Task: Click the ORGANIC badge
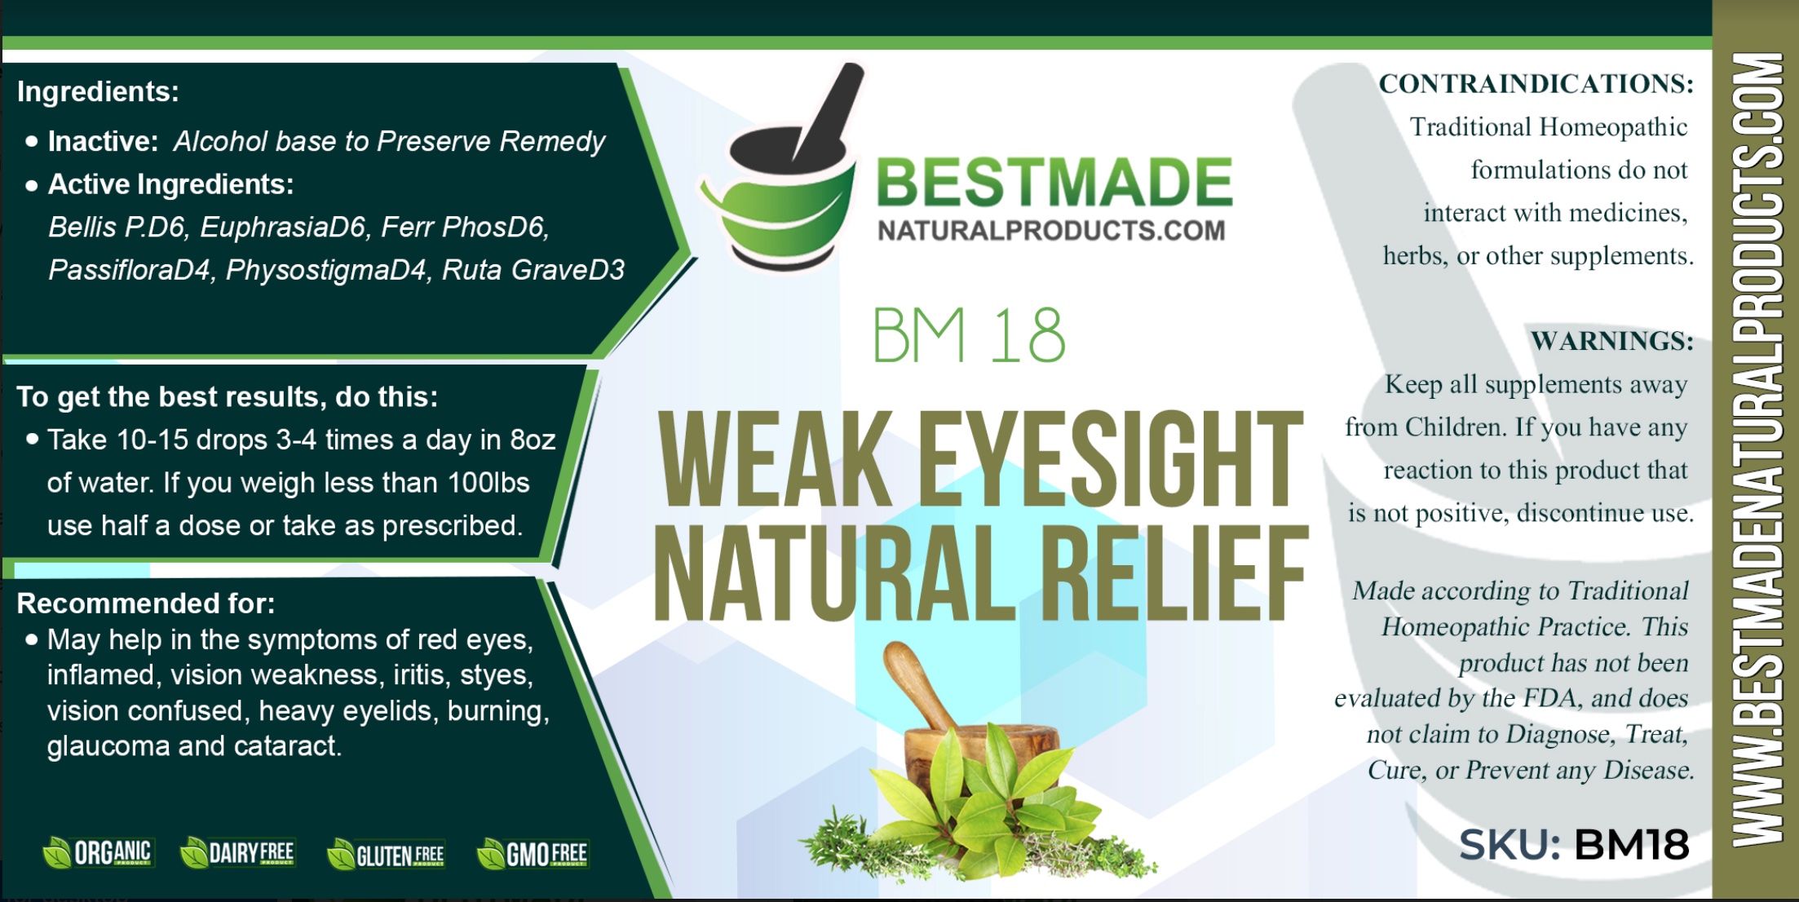click(97, 852)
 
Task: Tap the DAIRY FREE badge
click(237, 852)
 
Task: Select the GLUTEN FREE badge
click(386, 854)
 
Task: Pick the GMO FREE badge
click(533, 853)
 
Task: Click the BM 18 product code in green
click(969, 335)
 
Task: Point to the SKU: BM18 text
click(1574, 844)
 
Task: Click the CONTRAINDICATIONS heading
click(1536, 83)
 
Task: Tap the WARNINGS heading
click(1612, 340)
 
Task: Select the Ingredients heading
click(98, 91)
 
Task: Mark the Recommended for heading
click(146, 604)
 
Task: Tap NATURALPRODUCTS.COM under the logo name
click(1051, 231)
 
